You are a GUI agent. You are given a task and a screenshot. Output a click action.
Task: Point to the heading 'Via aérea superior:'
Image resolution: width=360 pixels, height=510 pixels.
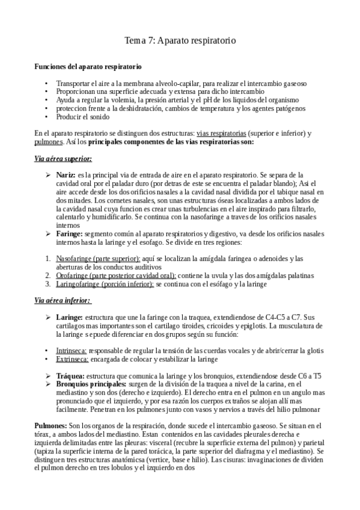click(x=63, y=159)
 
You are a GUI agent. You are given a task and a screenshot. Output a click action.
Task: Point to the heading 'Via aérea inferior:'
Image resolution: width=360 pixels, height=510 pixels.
click(x=62, y=300)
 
